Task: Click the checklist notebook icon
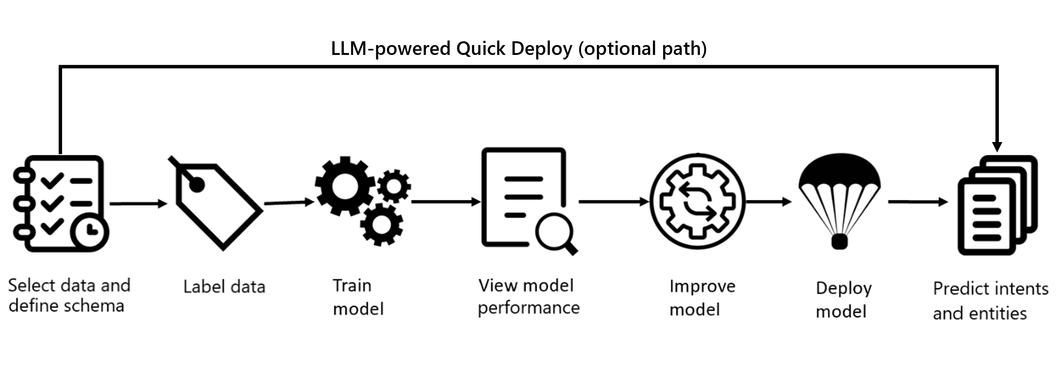pos(59,203)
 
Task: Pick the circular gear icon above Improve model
pos(697,201)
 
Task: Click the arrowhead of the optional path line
pos(997,147)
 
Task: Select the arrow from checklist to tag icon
pos(139,203)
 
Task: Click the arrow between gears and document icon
pos(446,202)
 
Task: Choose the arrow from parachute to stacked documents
pos(918,202)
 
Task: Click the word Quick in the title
pos(481,48)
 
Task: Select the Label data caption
pos(224,287)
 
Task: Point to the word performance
pos(528,308)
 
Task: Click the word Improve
pos(702,287)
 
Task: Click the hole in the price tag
pos(197,185)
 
